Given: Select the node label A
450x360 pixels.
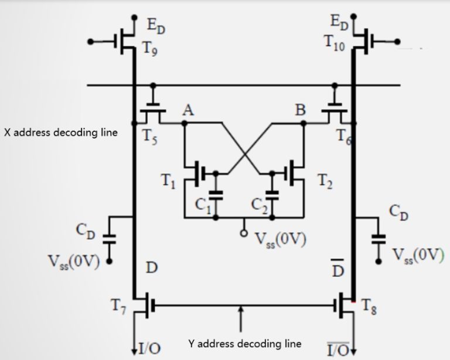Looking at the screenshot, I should point(189,110).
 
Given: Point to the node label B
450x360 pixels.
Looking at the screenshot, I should point(299,110).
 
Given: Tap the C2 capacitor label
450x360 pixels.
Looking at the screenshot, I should point(258,206).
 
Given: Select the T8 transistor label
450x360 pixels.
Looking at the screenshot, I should point(369,307).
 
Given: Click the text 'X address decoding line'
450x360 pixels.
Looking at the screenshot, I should point(61,133).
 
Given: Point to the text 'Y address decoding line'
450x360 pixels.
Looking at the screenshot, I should point(244,343).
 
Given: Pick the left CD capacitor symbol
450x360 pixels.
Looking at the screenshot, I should point(109,237).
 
